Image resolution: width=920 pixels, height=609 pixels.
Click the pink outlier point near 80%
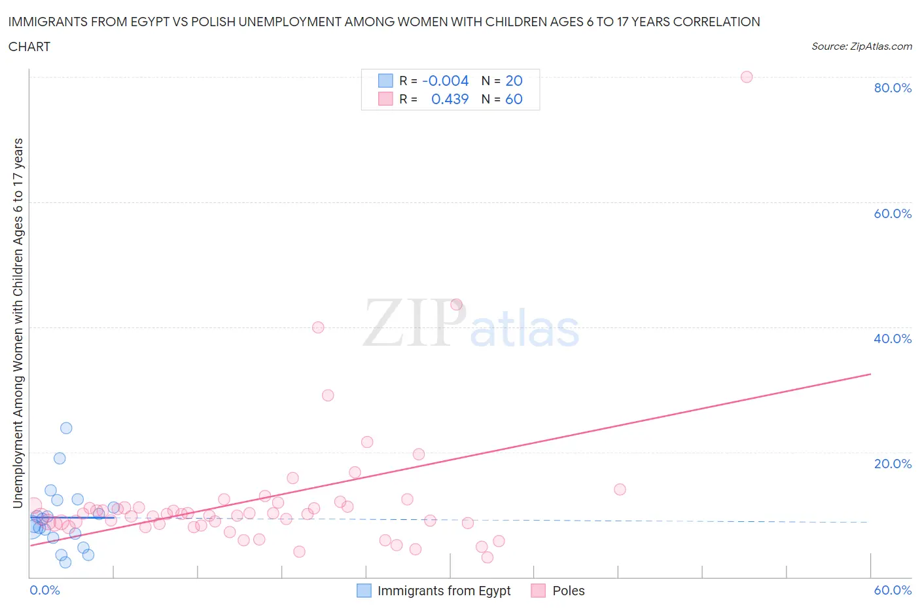click(x=746, y=77)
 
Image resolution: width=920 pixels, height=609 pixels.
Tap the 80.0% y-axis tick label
click(x=892, y=88)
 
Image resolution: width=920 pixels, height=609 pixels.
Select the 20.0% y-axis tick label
click(x=892, y=464)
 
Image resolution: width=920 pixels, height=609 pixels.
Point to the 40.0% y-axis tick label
click(x=892, y=339)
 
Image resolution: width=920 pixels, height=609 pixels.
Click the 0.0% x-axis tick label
click(x=44, y=590)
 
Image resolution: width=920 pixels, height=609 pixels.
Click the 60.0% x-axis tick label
click(x=892, y=590)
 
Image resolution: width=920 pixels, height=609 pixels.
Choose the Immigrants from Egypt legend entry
click(x=434, y=591)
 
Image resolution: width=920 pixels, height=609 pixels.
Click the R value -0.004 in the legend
click(x=445, y=81)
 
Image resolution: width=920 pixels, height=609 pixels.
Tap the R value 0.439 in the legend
click(x=450, y=99)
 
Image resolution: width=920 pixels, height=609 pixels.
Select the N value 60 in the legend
click(x=514, y=99)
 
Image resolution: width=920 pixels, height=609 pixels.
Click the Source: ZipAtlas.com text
click(x=861, y=46)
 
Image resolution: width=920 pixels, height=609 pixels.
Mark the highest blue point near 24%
click(x=66, y=428)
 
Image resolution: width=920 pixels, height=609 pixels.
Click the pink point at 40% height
click(x=318, y=327)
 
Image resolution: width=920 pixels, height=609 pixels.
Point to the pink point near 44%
click(x=456, y=304)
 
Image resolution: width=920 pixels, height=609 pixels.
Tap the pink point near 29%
click(x=328, y=396)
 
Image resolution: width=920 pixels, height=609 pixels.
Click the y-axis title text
click(x=18, y=323)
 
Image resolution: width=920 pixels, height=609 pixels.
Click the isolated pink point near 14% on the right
click(x=620, y=489)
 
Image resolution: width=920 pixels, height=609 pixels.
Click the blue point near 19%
click(x=60, y=458)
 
